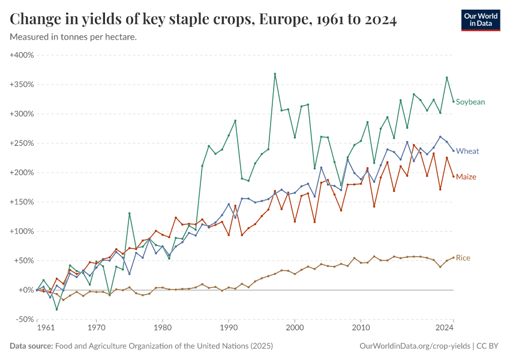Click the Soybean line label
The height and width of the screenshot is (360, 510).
[x=470, y=102]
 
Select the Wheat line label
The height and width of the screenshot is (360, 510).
[x=467, y=151]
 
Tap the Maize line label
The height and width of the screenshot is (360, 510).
[x=466, y=176]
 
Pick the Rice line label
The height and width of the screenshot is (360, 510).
[x=463, y=258]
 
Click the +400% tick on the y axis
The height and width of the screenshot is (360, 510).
[x=22, y=55]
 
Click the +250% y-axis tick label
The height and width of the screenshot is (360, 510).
[x=22, y=143]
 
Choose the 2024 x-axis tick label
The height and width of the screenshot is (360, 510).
[x=445, y=328]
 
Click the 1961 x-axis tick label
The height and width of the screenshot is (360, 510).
[x=45, y=328]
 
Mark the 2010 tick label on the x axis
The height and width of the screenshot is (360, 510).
[x=360, y=328]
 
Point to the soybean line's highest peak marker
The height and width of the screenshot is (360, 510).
[x=275, y=74]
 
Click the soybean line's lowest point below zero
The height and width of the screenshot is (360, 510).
[x=57, y=310]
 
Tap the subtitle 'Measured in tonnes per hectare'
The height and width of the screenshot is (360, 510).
[x=73, y=37]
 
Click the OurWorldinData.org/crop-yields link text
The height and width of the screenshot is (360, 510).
[x=414, y=346]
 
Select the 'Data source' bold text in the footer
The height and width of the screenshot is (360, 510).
[x=31, y=346]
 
